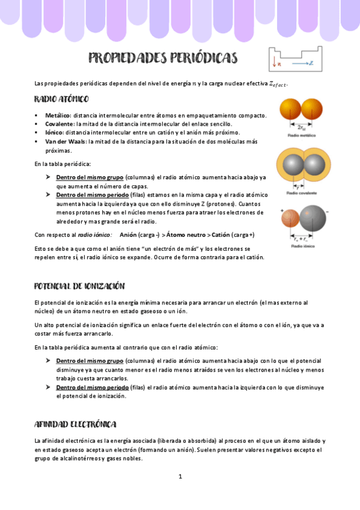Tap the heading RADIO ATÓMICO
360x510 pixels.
tap(61, 99)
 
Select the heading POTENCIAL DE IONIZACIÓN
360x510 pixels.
tap(79, 286)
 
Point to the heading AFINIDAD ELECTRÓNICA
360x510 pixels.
tap(75, 425)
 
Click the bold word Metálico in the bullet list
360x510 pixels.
tap(58, 115)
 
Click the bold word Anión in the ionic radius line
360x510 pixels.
tap(129, 235)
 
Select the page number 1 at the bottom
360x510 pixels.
tap(180, 476)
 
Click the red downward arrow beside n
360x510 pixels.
tap(274, 62)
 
